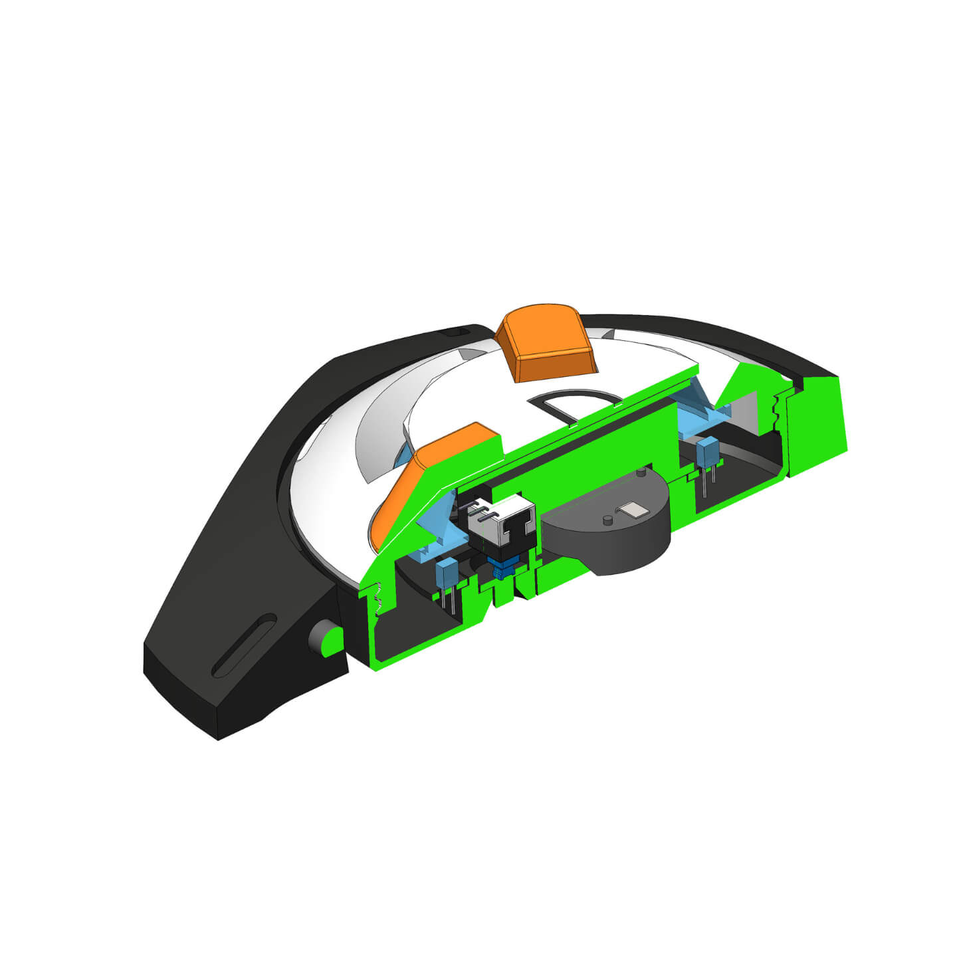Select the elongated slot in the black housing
pyautogui.click(x=245, y=645)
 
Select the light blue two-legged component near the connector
pyautogui.click(x=443, y=574)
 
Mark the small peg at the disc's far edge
pyautogui.click(x=640, y=473)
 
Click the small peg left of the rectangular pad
pyautogui.click(x=607, y=519)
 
